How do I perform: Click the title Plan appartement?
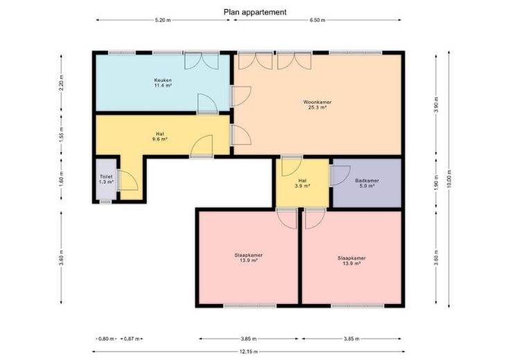click(255, 12)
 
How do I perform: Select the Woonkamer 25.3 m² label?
click(317, 105)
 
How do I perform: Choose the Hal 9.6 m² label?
click(159, 136)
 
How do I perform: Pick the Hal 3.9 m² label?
click(302, 183)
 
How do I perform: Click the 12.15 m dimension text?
click(249, 352)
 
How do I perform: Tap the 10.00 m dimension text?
click(449, 179)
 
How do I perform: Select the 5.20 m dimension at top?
click(163, 20)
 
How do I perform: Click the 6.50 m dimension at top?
click(317, 20)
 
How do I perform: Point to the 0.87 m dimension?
click(132, 339)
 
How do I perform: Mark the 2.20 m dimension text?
click(62, 82)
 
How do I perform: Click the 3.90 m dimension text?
click(437, 105)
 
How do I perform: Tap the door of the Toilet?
click(127, 180)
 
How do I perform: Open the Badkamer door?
click(340, 176)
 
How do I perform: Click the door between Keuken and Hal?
click(207, 104)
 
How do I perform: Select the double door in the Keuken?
click(202, 61)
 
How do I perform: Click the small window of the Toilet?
click(105, 201)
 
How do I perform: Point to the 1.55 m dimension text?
click(62, 134)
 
